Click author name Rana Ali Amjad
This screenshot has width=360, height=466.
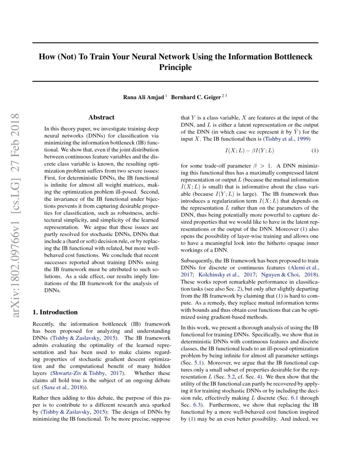tap(144, 97)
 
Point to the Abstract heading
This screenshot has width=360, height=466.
tap(101, 117)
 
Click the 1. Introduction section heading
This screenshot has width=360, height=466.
tap(55, 312)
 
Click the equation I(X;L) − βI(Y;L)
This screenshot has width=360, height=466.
tap(249, 151)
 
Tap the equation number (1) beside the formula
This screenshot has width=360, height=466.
tap(315, 151)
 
